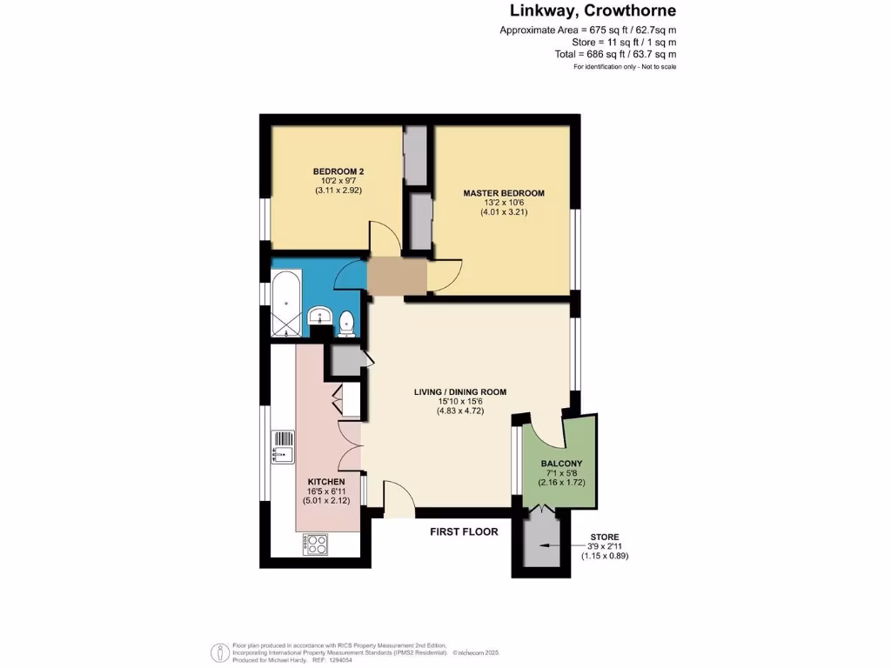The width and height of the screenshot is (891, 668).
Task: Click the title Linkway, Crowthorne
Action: pyautogui.click(x=593, y=11)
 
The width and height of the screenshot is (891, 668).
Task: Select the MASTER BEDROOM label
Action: pyautogui.click(x=504, y=193)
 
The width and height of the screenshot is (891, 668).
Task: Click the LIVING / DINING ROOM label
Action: pyautogui.click(x=460, y=392)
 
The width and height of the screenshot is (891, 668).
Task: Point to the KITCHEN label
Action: pyautogui.click(x=327, y=482)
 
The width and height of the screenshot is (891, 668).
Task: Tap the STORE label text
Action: pyautogui.click(x=606, y=537)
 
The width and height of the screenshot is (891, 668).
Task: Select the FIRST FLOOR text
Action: pyautogui.click(x=465, y=531)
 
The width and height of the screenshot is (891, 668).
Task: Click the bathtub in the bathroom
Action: pyautogui.click(x=287, y=305)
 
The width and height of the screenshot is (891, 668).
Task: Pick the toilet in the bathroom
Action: pyautogui.click(x=346, y=323)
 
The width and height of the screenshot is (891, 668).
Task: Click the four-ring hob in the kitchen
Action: pyautogui.click(x=314, y=544)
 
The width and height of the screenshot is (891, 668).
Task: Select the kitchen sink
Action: pyautogui.click(x=284, y=446)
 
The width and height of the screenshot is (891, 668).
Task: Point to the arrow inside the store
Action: pyautogui.click(x=546, y=546)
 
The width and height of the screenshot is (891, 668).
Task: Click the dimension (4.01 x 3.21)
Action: pyautogui.click(x=504, y=212)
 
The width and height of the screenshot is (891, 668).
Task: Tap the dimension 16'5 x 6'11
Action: pyautogui.click(x=327, y=492)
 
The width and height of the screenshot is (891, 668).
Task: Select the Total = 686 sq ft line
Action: pyautogui.click(x=623, y=54)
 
